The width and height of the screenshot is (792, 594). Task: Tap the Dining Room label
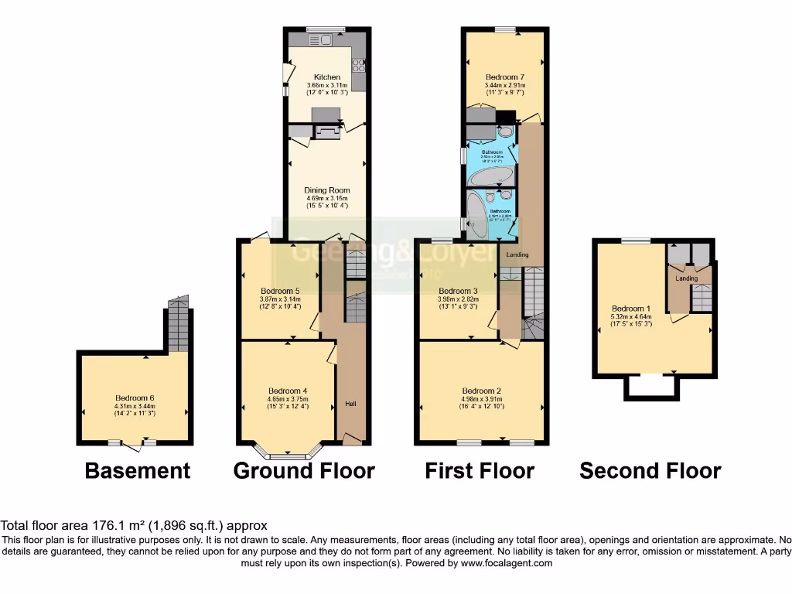327,190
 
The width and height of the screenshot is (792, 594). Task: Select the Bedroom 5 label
280,291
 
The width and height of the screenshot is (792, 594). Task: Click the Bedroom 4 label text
288,391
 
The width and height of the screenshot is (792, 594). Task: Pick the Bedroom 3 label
457,291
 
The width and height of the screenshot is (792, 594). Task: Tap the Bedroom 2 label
481,391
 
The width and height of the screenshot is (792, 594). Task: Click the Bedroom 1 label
631,308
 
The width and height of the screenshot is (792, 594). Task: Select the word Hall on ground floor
351,405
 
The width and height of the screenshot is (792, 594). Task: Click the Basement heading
137,470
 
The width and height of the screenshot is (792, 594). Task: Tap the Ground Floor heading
304,470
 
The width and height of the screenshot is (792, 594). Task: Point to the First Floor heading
480,470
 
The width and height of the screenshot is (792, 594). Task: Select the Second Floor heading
650,470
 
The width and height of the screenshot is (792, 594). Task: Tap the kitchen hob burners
360,66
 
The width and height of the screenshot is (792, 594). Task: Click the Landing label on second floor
686,278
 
